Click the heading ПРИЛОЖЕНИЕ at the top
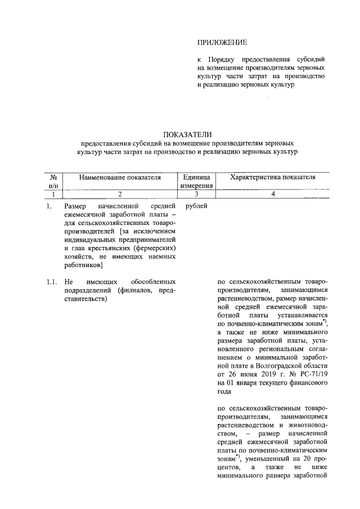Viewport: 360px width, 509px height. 222,43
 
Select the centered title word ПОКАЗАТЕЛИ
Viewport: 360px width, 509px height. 188,134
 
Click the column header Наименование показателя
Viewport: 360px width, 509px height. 120,177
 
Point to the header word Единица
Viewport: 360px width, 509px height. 196,177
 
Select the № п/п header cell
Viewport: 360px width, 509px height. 53,181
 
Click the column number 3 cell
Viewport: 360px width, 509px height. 196,194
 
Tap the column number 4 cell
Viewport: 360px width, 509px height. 273,194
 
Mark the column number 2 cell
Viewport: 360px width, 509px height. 120,194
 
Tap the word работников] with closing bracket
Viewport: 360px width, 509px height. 83,265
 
